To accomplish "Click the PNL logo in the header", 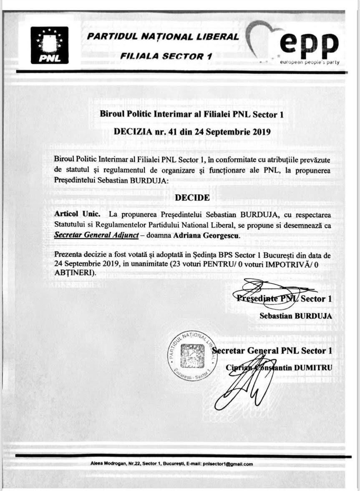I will [49, 45].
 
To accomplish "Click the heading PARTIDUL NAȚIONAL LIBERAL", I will [163, 36].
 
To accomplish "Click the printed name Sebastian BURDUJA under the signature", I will [295, 316].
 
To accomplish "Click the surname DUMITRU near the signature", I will [313, 368].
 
